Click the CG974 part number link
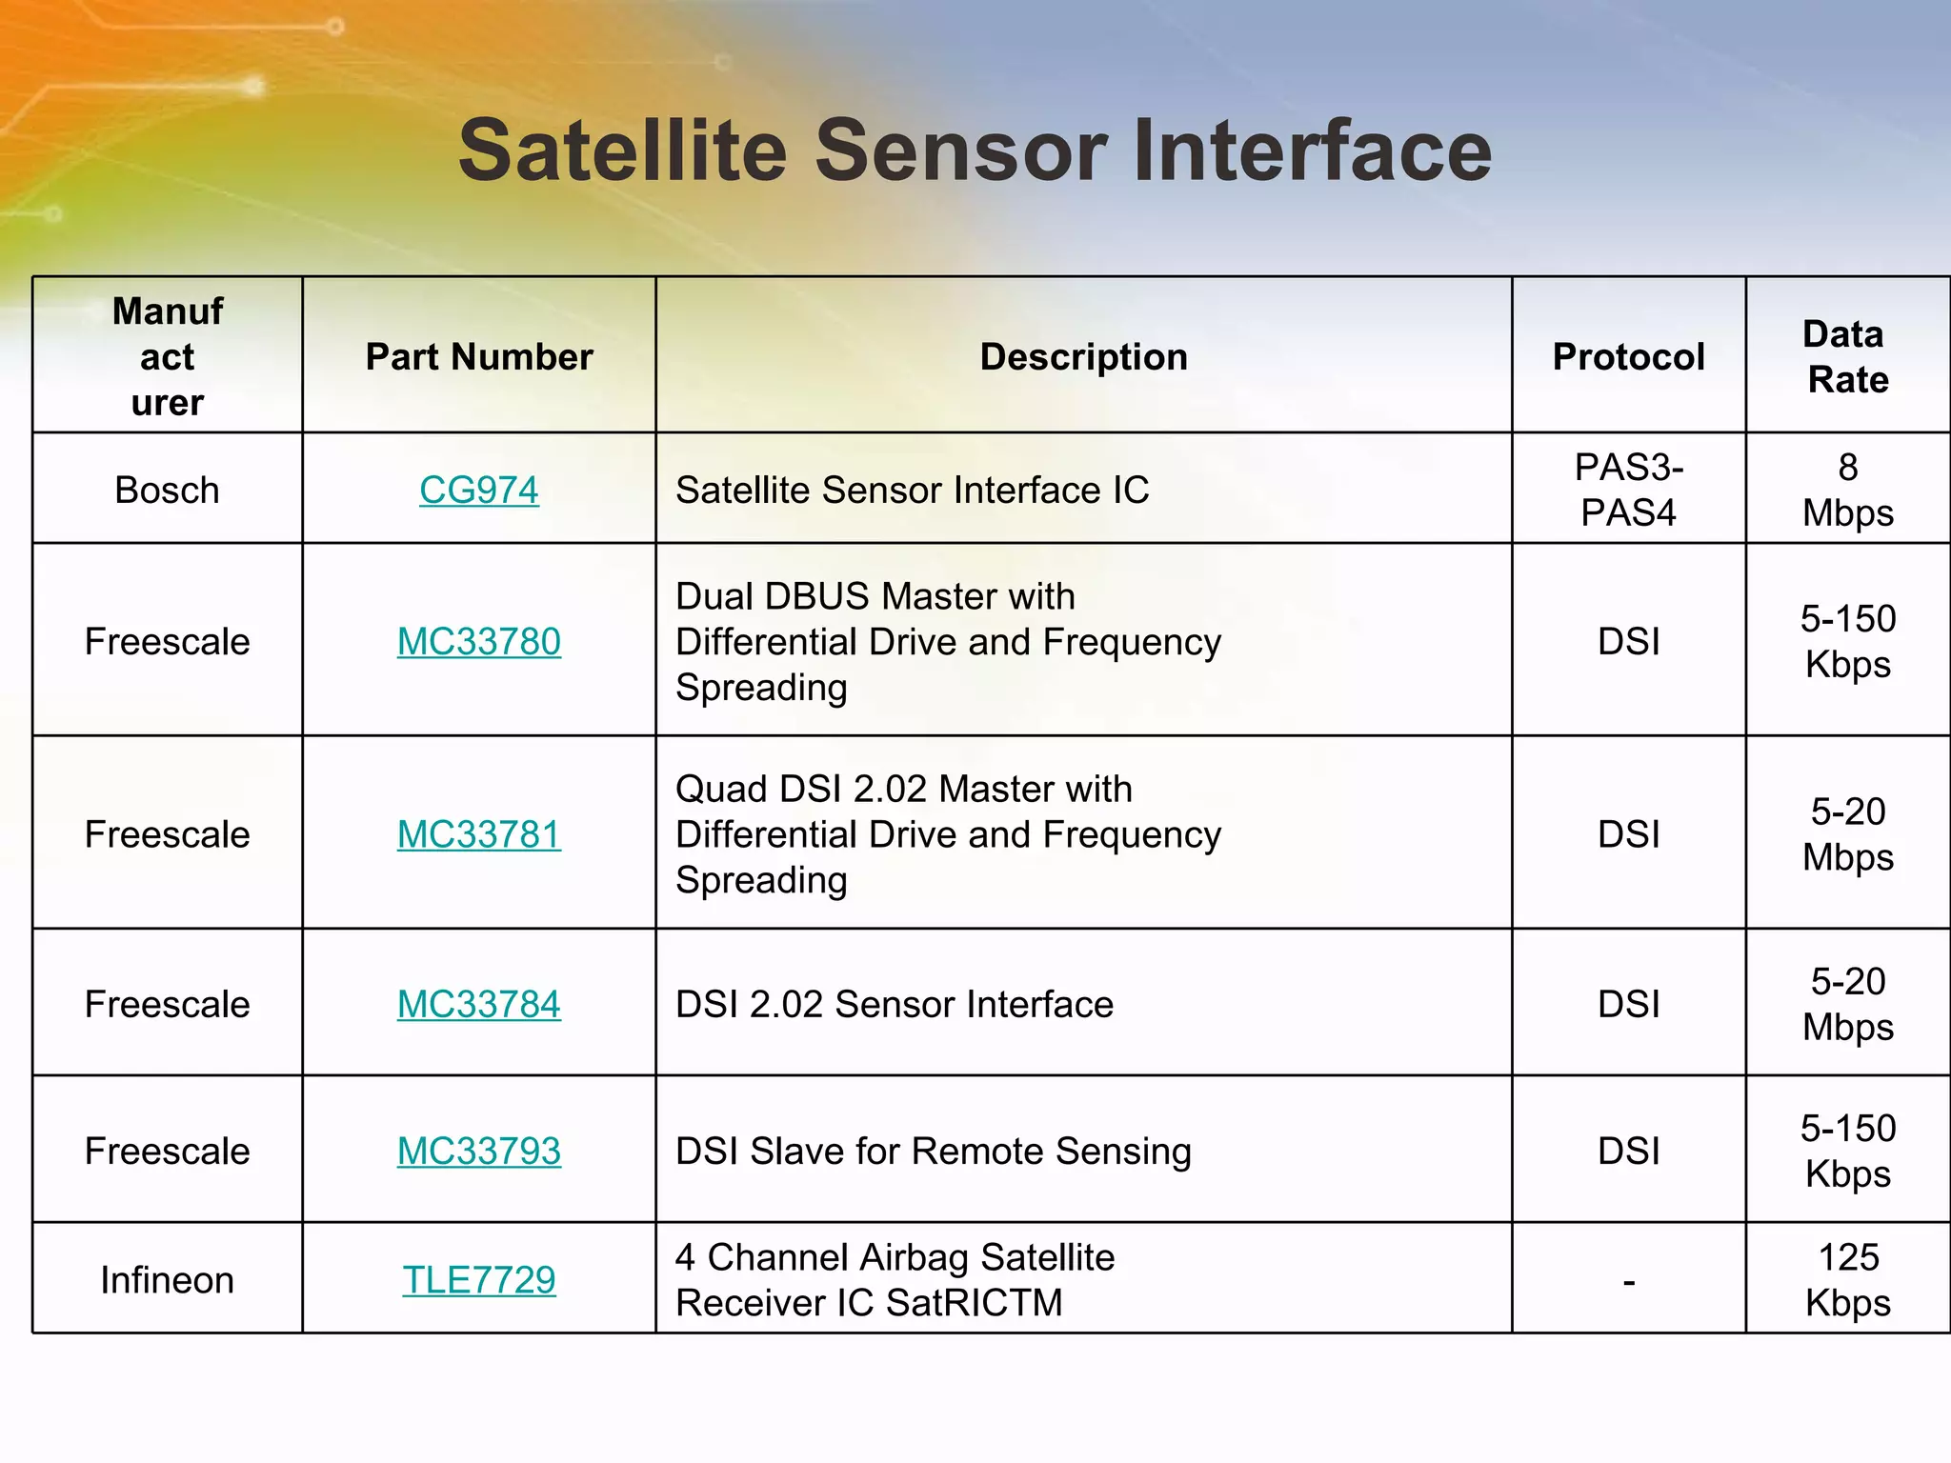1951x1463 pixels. [x=478, y=490]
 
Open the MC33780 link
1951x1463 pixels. [x=478, y=641]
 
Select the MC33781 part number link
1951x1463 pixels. [x=478, y=834]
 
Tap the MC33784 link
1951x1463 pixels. [x=478, y=1004]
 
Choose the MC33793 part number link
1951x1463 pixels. [x=478, y=1151]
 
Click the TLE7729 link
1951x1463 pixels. [x=478, y=1279]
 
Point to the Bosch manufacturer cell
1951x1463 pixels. [x=167, y=490]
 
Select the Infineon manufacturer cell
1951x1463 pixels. [x=167, y=1279]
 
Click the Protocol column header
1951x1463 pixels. [x=1628, y=356]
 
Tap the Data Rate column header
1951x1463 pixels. [x=1847, y=356]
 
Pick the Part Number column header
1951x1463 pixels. [x=478, y=356]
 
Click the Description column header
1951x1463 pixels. [x=1083, y=356]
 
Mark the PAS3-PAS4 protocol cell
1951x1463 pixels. [x=1628, y=490]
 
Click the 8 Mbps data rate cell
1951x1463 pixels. [x=1847, y=490]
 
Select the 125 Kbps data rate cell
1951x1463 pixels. [x=1847, y=1279]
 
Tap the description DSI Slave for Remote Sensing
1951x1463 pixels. [x=933, y=1151]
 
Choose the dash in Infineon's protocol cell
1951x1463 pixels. [x=1629, y=1282]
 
